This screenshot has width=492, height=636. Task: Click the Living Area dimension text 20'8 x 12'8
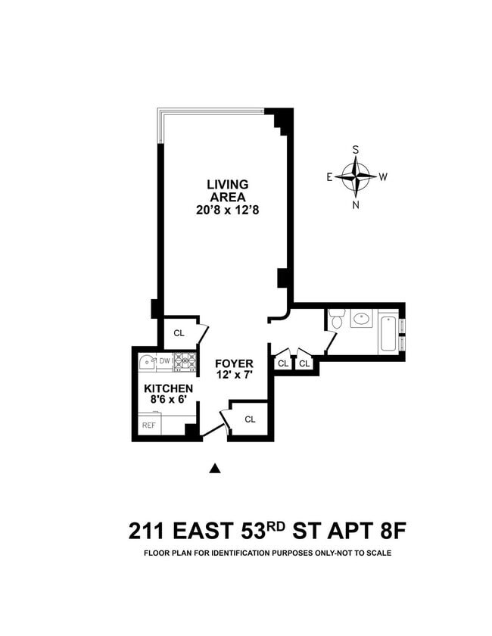[x=229, y=210]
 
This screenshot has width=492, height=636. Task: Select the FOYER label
[x=233, y=363]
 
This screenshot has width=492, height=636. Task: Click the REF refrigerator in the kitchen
[x=149, y=425]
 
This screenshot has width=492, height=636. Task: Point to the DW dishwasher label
[x=164, y=361]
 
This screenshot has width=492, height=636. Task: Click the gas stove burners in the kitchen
[x=185, y=362]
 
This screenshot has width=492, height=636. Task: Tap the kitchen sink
[x=147, y=362]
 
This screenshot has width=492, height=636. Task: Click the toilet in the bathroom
[x=336, y=321]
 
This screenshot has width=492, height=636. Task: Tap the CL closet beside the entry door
[x=250, y=419]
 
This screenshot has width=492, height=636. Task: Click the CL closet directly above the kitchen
[x=179, y=332]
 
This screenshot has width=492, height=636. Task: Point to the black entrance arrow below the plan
[x=215, y=469]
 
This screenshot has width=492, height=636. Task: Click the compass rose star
[x=356, y=176]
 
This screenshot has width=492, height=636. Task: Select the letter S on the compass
[x=356, y=150]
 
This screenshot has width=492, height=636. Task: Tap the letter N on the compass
[x=356, y=204]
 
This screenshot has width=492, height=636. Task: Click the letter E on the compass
[x=329, y=177]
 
